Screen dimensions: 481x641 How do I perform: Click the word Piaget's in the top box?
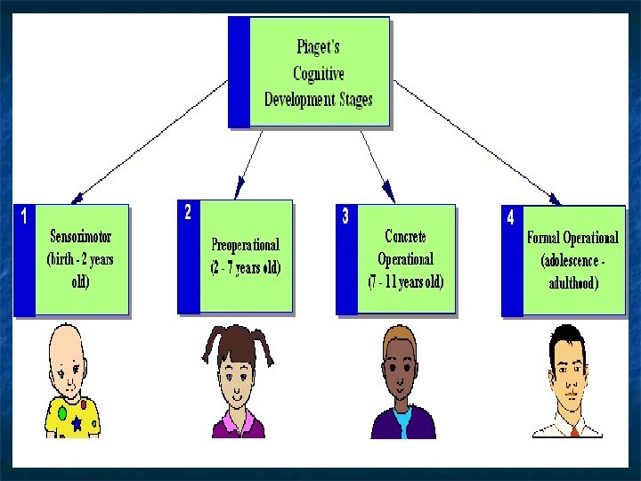[x=319, y=48]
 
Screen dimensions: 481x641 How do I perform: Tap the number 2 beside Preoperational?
[x=187, y=212]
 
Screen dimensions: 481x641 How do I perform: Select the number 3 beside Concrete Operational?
[x=345, y=216]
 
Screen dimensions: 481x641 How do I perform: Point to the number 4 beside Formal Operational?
[x=510, y=217]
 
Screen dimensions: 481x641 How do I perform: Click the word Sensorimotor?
[x=80, y=238]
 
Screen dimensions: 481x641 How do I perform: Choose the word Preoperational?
[x=245, y=244]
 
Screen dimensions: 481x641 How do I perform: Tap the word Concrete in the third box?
[x=405, y=236]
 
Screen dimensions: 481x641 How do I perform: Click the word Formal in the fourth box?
[x=544, y=238]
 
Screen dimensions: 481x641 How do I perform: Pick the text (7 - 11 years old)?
[x=405, y=282]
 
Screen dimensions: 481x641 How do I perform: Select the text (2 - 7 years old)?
[x=245, y=267]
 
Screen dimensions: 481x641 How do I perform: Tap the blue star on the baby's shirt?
[x=77, y=424]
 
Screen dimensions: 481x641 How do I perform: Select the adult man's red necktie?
[x=574, y=430]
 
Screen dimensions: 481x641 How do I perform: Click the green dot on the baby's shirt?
[x=62, y=413]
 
